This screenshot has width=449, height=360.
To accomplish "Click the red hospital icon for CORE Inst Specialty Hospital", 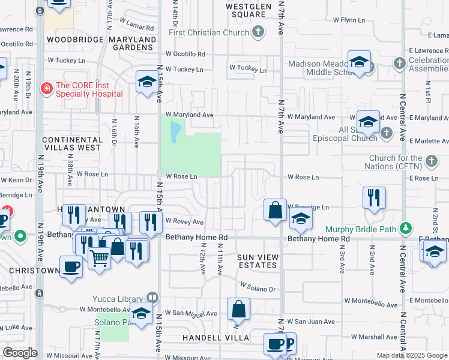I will click(x=46, y=89).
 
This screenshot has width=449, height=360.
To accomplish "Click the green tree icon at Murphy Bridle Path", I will click(x=407, y=229).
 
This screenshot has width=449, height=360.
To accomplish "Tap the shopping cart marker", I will click(x=99, y=258).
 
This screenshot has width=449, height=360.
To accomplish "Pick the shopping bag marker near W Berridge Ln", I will click(x=275, y=211).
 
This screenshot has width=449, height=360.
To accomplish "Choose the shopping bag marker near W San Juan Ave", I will click(x=238, y=310).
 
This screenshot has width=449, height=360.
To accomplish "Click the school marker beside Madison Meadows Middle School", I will click(x=359, y=62).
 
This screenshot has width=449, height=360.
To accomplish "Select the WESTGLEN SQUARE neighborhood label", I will click(x=245, y=10).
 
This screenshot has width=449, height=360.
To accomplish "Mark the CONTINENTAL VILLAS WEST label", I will click(x=71, y=143).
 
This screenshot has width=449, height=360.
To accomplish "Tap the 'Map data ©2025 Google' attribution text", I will click(x=411, y=355).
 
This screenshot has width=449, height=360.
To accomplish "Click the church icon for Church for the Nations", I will click(x=431, y=161).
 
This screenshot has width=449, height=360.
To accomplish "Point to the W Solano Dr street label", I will click(x=258, y=287).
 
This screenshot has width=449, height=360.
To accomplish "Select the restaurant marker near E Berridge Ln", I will click(x=374, y=198).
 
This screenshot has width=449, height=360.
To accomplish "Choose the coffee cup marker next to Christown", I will click(x=71, y=267).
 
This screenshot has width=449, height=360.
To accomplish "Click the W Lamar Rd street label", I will click(x=137, y=23).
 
